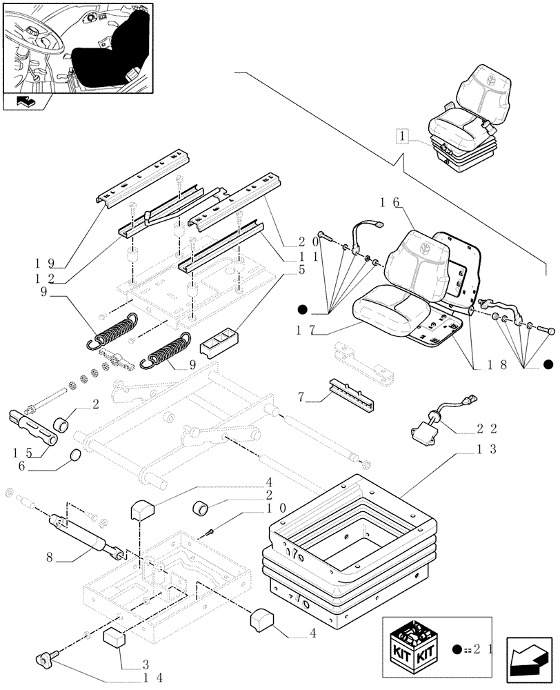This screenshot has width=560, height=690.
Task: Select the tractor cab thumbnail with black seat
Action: coord(77,48)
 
